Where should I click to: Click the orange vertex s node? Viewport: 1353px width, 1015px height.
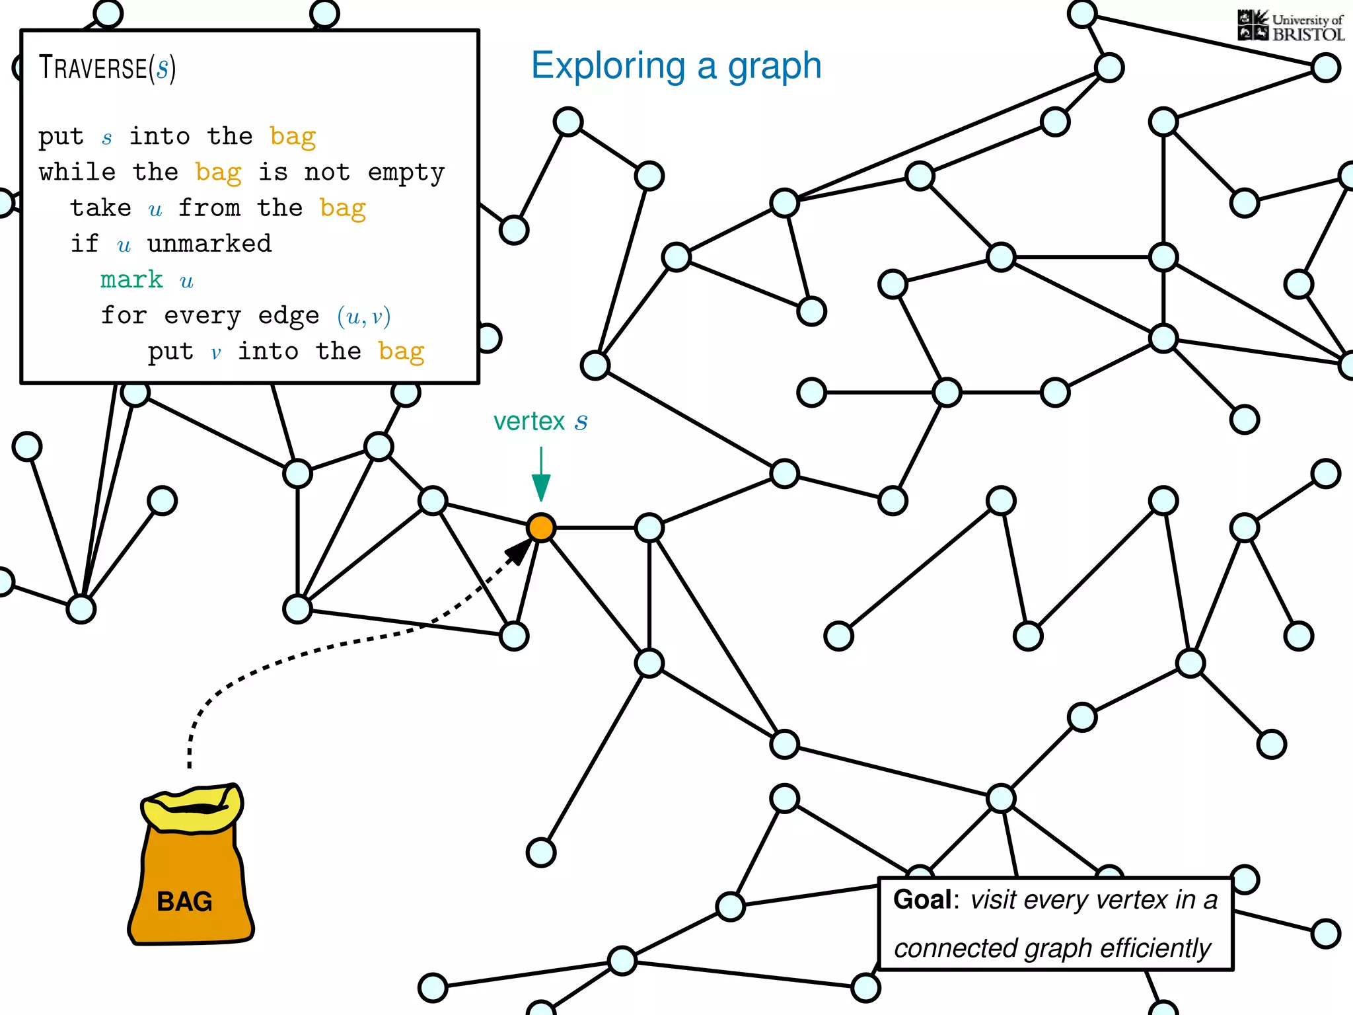(x=541, y=528)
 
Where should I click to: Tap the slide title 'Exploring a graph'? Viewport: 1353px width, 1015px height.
(x=676, y=65)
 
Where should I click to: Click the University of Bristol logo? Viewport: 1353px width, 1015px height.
(x=1291, y=26)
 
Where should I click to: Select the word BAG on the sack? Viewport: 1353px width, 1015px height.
(x=184, y=901)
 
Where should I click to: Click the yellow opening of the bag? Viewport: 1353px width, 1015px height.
(x=192, y=808)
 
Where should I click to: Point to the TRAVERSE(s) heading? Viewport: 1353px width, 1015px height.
(x=107, y=67)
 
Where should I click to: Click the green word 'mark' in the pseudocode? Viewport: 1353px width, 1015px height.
(x=131, y=280)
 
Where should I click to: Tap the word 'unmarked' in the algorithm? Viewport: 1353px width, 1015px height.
(x=209, y=244)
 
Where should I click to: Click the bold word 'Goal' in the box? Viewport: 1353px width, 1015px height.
(x=922, y=899)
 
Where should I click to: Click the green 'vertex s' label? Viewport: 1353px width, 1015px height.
(x=540, y=421)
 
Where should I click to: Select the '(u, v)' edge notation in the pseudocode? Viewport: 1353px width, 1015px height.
(x=363, y=316)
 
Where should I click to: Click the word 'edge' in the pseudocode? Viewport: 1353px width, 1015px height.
(x=288, y=316)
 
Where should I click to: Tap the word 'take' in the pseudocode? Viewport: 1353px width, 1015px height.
(x=100, y=207)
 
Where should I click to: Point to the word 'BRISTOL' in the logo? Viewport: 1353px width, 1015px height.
(x=1308, y=34)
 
